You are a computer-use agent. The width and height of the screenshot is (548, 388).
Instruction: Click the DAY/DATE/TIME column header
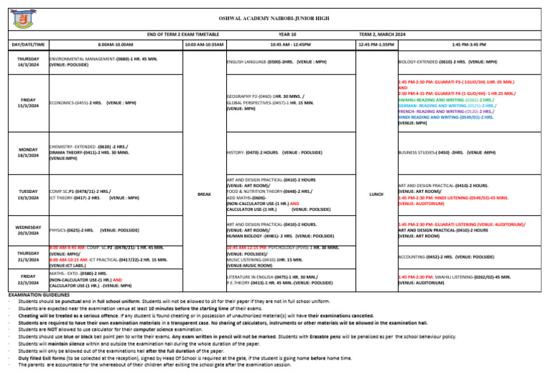point(29,44)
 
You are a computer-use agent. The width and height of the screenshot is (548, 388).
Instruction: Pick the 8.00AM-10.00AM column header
point(114,44)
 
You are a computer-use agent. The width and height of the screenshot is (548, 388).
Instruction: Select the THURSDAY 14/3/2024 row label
point(29,62)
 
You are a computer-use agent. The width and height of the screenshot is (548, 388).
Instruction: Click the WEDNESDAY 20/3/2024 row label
point(29,231)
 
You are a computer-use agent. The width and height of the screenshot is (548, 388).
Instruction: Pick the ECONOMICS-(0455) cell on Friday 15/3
point(92,103)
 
